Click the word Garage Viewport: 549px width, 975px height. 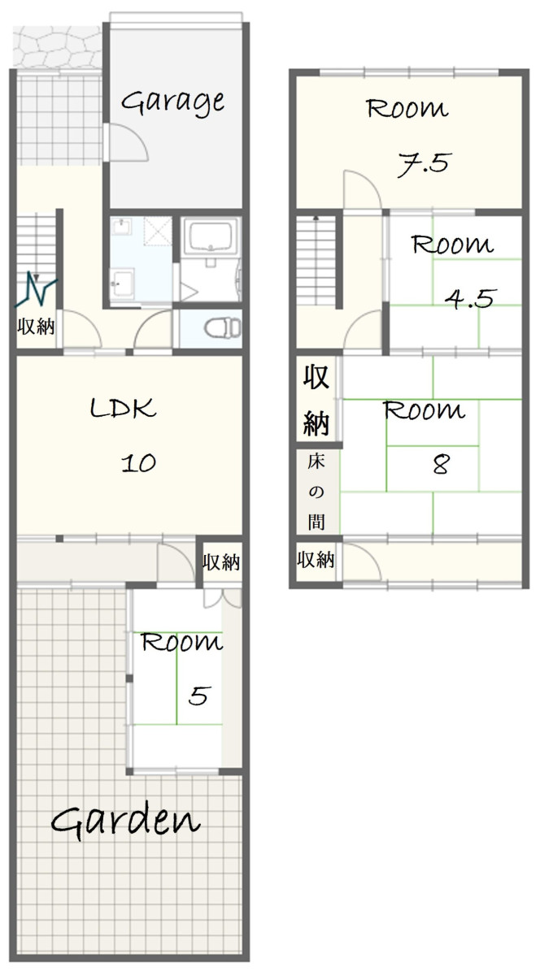(173, 102)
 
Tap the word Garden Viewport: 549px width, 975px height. (126, 821)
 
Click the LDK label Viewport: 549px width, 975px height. (123, 408)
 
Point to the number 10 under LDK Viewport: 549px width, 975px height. (138, 463)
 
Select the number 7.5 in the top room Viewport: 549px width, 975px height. (423, 164)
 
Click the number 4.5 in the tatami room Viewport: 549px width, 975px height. (470, 299)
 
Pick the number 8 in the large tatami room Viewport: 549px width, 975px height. (441, 465)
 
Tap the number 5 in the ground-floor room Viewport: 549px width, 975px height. (199, 695)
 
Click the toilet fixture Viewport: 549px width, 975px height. (222, 327)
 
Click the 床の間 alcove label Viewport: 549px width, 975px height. (316, 492)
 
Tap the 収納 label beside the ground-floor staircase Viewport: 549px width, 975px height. (36, 327)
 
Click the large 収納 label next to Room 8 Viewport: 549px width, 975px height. (316, 400)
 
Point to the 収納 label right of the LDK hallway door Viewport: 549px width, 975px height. (221, 562)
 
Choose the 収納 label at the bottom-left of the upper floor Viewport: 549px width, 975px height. (316, 560)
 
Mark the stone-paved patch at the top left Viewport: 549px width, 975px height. (57, 46)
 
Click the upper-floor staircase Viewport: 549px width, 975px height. (316, 260)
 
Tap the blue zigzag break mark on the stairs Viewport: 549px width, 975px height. (36, 289)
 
